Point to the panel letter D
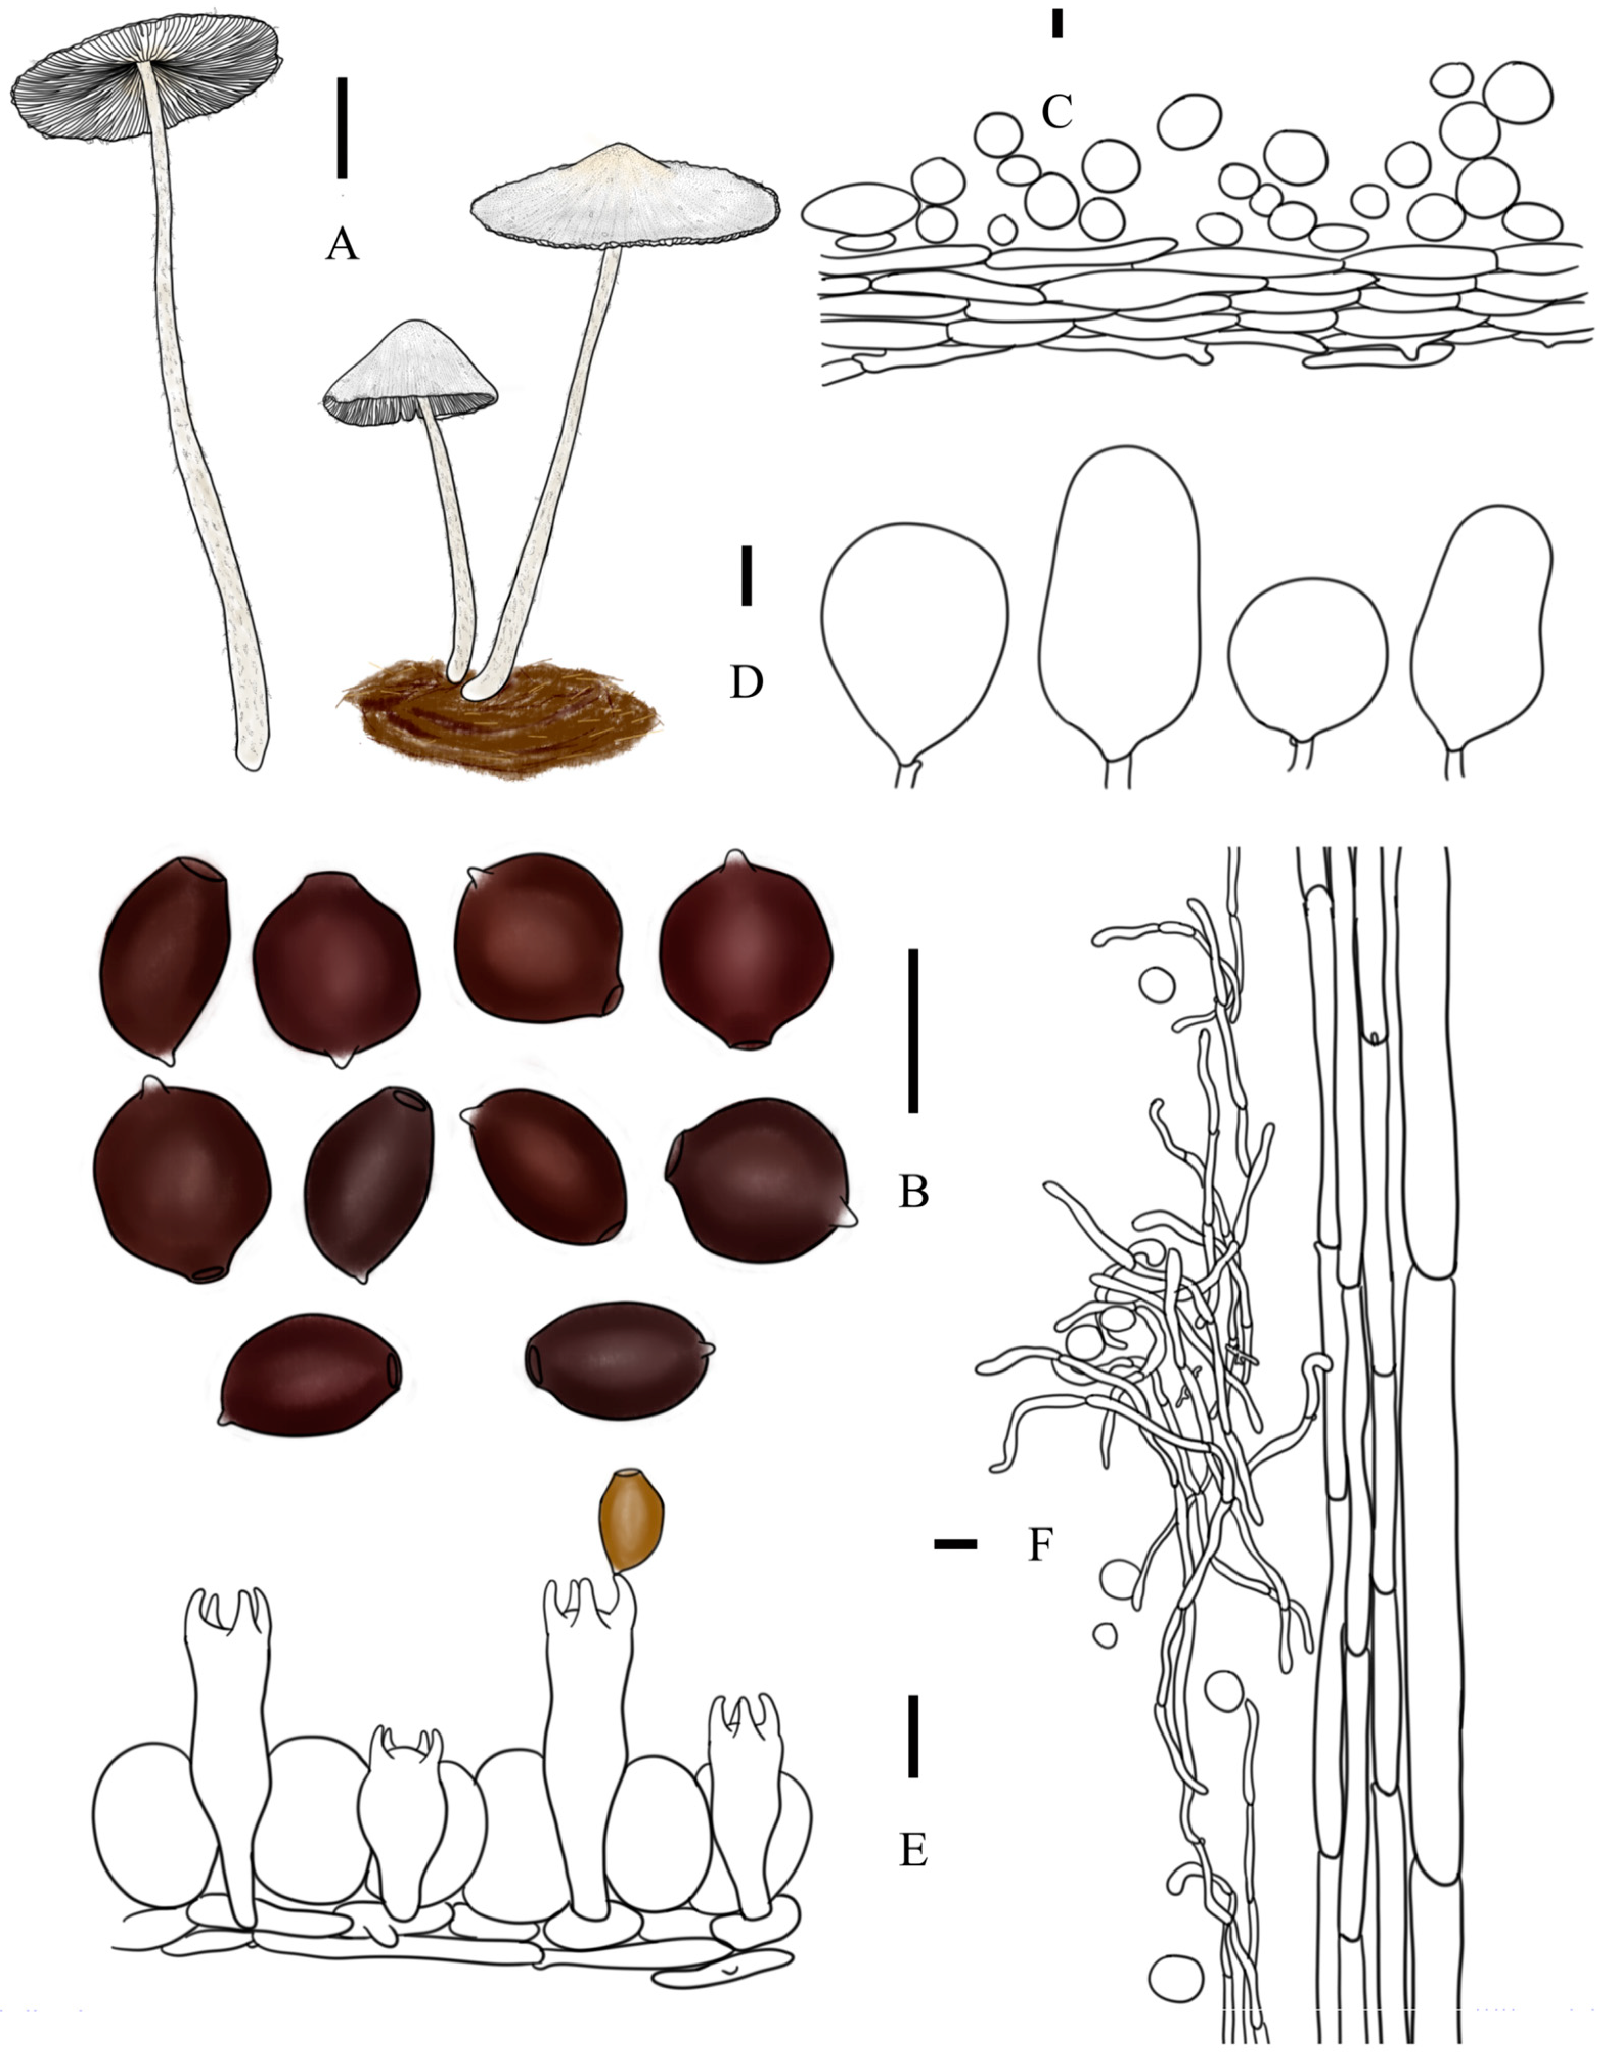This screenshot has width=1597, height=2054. click(746, 683)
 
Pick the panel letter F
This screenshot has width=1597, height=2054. click(1039, 1545)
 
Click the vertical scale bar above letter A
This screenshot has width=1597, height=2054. click(342, 128)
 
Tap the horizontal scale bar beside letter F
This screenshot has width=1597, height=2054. click(955, 1543)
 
